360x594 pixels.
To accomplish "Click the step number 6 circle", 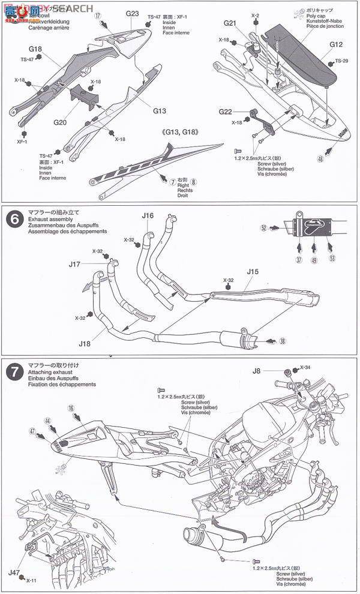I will (13, 220).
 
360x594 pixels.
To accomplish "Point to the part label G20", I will (59, 122).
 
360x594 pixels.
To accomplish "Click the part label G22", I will (225, 112).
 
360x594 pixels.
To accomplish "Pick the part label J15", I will (252, 271).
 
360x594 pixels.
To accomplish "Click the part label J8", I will (273, 370).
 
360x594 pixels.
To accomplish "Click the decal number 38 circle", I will (282, 341).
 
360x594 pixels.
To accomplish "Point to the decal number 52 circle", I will (263, 228).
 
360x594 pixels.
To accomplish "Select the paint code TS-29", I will (341, 61).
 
